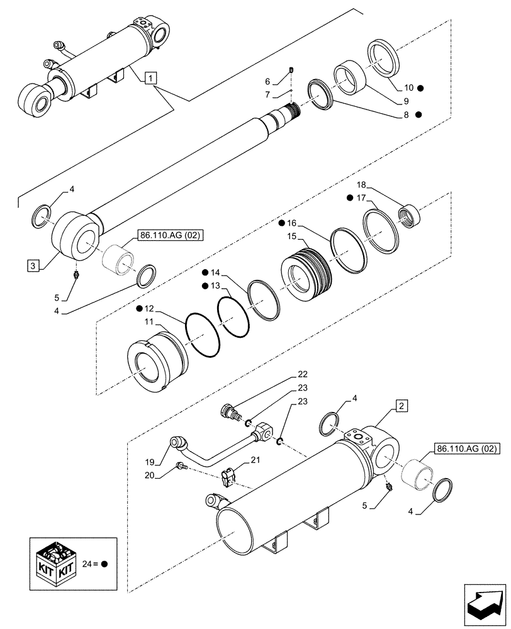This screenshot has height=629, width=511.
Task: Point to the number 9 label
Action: (x=406, y=101)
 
